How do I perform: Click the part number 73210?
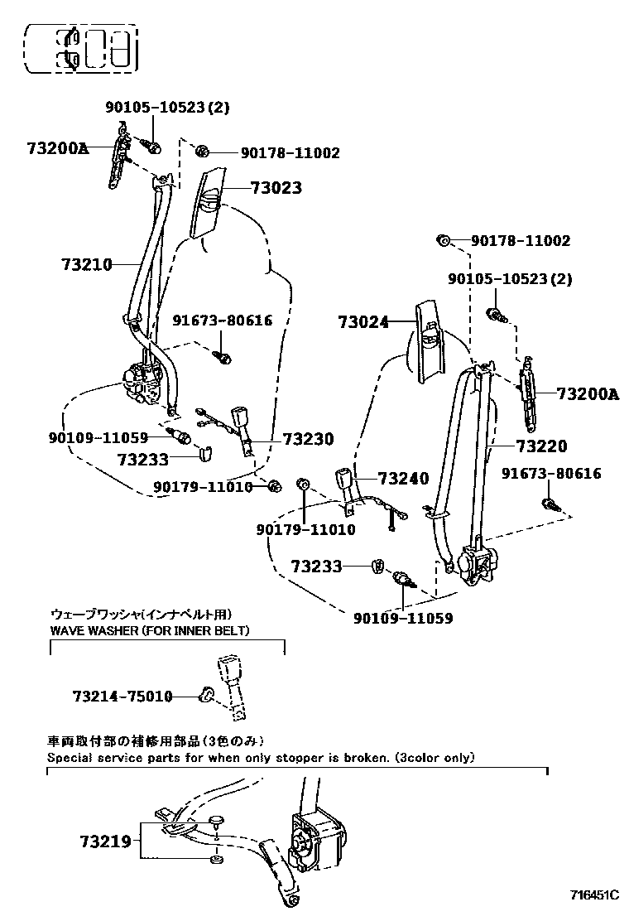coord(85,265)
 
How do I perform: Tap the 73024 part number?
coord(363,322)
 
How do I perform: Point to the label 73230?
coord(308,440)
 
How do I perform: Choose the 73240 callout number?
coord(403,478)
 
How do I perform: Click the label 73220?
coord(541,446)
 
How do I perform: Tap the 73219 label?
coord(105,841)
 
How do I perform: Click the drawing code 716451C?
coord(593,895)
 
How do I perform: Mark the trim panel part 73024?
coord(427,342)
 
